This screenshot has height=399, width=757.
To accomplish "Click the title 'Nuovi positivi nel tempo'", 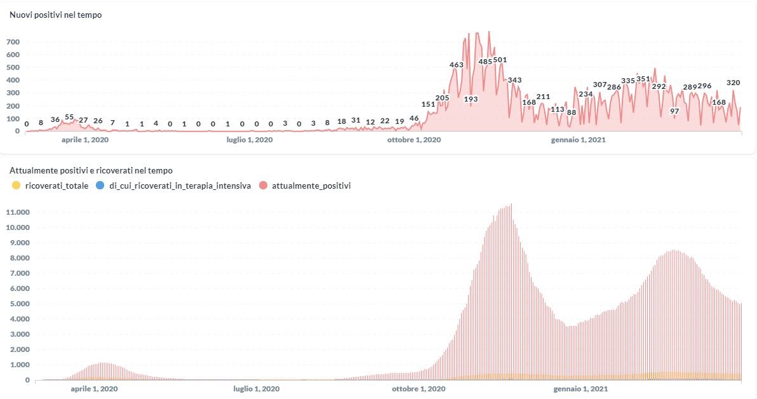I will tap(56, 15).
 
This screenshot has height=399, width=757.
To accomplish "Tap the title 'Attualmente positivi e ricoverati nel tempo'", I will tap(91, 170).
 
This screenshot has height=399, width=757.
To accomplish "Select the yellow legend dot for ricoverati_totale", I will tap(17, 186).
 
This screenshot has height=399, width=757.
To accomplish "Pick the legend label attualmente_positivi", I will tap(311, 186).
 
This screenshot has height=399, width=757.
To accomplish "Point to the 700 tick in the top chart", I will tap(13, 42).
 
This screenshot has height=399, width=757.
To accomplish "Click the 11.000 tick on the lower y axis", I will tap(18, 212).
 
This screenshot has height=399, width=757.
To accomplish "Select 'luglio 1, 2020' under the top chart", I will tap(250, 140).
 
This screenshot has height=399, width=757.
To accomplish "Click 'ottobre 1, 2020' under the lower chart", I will tap(419, 388).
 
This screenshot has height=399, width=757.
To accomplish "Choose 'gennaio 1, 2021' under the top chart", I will tap(579, 140).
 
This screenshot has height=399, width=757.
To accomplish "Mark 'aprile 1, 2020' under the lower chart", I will tap(90, 388).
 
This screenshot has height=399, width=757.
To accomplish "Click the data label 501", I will tap(500, 60).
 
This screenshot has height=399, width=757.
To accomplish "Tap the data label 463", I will tap(457, 65).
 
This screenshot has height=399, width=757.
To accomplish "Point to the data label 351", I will tap(643, 79).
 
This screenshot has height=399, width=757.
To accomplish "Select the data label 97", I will tap(674, 111).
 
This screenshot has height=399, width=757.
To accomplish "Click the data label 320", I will tap(733, 83).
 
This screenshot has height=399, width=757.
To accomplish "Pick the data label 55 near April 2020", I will tap(69, 117).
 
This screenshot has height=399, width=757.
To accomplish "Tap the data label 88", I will tap(572, 112).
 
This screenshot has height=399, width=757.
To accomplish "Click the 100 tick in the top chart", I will tap(13, 118).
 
